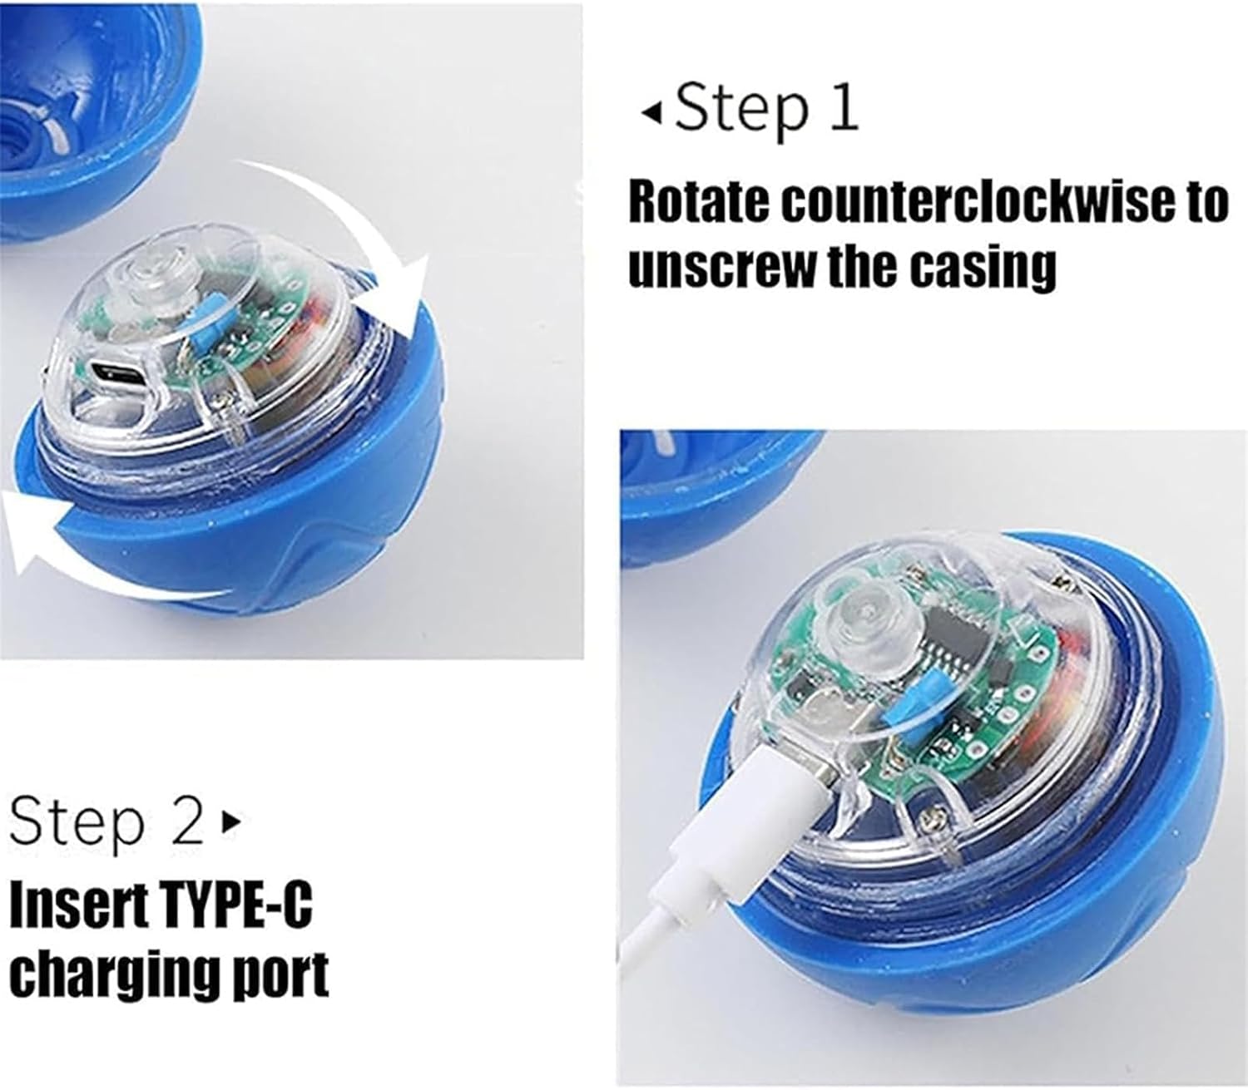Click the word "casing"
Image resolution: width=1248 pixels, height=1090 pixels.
[x=984, y=269]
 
